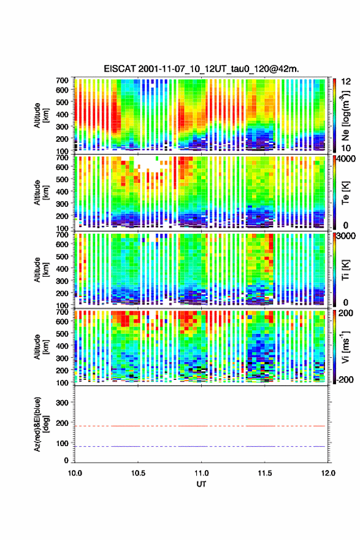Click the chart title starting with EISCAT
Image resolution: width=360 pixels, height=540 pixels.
201,69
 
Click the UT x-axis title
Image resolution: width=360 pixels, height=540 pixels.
201,484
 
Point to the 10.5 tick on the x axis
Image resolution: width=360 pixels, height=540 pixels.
138,473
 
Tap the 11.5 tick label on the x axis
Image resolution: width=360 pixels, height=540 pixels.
265,473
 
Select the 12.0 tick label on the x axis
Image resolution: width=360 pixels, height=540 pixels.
328,473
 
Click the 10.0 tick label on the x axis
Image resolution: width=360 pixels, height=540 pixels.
75,473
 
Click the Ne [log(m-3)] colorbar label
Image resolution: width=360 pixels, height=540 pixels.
345,115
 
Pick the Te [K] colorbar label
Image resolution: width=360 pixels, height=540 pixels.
345,193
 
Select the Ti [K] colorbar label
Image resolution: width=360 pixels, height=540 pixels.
345,269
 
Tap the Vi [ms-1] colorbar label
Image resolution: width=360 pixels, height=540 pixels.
345,347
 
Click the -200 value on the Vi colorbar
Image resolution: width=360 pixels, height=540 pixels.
345,379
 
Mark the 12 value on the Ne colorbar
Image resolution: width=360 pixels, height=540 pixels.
346,82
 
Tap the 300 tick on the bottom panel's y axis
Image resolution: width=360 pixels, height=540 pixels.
63,403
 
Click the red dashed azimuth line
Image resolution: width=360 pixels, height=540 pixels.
200,426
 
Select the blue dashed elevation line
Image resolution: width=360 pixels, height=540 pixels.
200,446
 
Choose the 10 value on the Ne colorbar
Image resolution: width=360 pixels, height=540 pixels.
346,148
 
